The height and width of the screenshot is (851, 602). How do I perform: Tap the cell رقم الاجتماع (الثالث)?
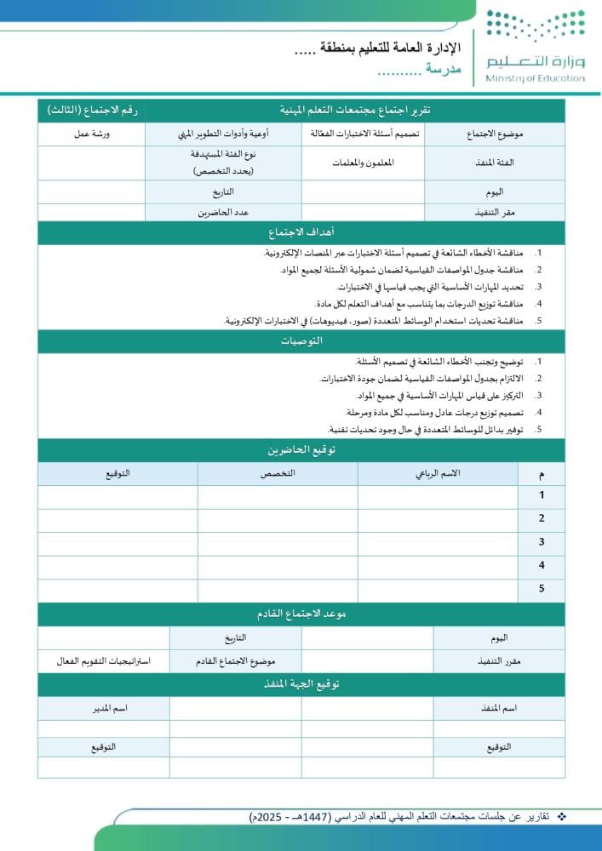point(91,111)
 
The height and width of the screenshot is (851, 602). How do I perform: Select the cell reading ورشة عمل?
point(91,134)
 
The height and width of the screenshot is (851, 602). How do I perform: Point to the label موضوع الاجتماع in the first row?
point(495,134)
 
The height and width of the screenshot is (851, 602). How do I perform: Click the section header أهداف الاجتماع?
point(301,232)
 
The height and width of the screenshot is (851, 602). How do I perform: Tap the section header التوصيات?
point(301,340)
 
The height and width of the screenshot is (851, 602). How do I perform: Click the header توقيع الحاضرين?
point(301,450)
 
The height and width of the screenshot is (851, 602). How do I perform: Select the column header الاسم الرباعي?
point(437,474)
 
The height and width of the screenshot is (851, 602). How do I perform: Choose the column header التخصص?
point(278,474)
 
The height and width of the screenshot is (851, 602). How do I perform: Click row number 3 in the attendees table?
point(542,542)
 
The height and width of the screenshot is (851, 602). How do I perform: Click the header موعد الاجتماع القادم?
point(301,614)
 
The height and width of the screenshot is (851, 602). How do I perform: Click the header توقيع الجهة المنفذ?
point(301,684)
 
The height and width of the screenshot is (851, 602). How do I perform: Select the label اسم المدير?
point(103,708)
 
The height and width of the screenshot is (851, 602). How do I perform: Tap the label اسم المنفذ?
point(499,708)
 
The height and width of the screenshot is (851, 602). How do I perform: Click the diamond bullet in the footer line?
point(560,817)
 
